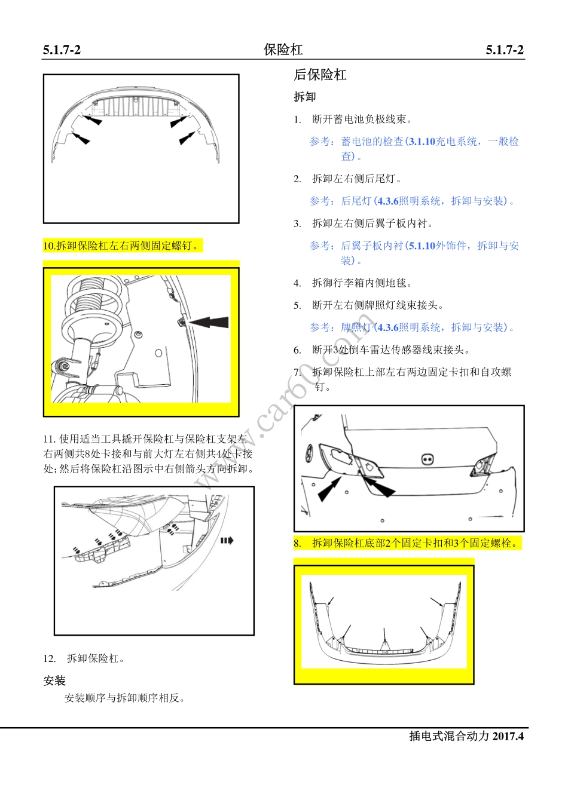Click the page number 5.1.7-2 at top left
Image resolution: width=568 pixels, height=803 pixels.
point(62,50)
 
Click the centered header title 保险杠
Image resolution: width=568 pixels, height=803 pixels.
point(283,50)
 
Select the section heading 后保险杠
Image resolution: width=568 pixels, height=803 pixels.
point(320,75)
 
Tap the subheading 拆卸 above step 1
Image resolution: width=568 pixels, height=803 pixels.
point(304,97)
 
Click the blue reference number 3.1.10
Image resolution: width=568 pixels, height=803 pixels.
point(422,142)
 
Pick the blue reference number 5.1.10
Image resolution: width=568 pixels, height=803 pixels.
point(422,246)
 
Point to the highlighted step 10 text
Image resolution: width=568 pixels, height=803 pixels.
point(122,246)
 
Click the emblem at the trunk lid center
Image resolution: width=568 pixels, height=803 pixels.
point(427,459)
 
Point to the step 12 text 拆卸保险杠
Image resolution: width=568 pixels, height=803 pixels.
point(96,658)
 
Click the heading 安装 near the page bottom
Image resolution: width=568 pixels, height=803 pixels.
point(54,681)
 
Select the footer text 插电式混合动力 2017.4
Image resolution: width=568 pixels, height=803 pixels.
point(466,736)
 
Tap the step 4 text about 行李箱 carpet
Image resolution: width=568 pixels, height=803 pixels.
point(362,283)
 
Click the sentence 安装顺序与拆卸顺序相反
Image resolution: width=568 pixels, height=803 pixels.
point(125,698)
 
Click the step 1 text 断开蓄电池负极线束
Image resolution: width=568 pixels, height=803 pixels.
point(362,119)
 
